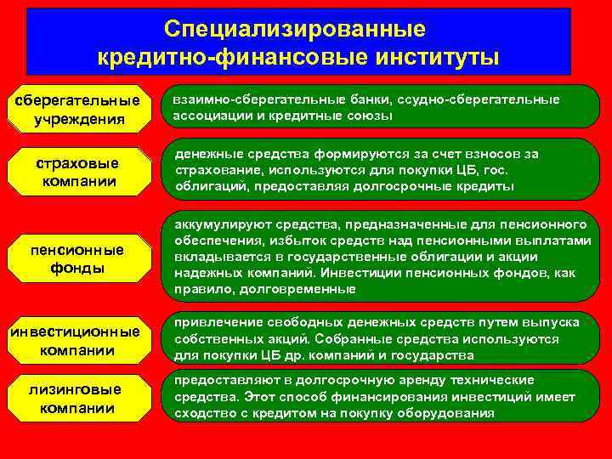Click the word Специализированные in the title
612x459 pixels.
pos(294,29)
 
